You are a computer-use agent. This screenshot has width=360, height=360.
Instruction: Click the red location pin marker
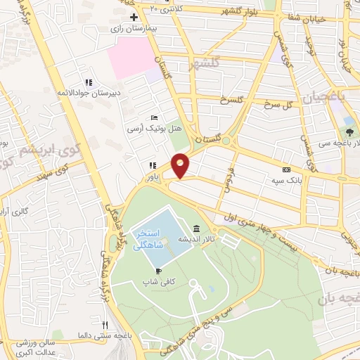tap(181, 165)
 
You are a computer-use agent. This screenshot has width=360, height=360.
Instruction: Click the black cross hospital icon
tap(134, 16)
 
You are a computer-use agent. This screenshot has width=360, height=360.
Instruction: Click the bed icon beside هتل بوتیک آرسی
tap(154, 118)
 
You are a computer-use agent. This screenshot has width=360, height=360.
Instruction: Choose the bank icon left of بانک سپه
tap(285, 169)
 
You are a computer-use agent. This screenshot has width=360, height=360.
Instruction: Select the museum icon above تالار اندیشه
tap(195, 229)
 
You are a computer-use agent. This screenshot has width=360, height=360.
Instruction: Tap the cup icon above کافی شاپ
tap(159, 271)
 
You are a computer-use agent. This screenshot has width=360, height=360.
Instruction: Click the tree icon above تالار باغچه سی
tap(349, 131)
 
